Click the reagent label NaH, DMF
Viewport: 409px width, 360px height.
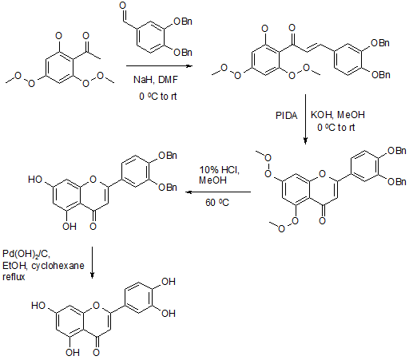click(x=156, y=80)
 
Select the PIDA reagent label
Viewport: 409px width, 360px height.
click(x=286, y=116)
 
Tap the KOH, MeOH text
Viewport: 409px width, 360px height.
click(x=338, y=115)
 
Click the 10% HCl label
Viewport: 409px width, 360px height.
click(x=220, y=170)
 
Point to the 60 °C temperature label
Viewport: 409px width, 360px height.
click(x=217, y=203)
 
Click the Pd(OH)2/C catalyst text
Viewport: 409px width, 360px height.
click(x=26, y=254)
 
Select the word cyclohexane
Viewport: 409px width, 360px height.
click(x=58, y=266)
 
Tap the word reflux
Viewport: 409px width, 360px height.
click(x=14, y=277)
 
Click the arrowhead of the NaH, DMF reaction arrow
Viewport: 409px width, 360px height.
click(x=189, y=65)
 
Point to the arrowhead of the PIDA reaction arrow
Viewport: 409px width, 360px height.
click(x=305, y=141)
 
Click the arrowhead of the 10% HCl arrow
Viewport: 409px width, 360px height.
click(x=189, y=192)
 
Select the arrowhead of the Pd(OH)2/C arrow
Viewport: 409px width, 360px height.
click(x=92, y=275)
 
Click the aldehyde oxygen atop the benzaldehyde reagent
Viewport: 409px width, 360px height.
click(x=123, y=6)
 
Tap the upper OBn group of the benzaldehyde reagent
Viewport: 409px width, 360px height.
click(x=183, y=22)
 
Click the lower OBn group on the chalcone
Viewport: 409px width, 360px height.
click(x=381, y=75)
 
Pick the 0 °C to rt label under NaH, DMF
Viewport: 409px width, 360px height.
click(x=158, y=97)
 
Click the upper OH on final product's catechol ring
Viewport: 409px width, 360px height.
click(x=169, y=282)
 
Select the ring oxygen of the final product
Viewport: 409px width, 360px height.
click(x=96, y=306)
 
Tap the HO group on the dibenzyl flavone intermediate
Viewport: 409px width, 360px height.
click(x=35, y=180)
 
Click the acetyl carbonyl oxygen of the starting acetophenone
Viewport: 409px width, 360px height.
click(x=85, y=36)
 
